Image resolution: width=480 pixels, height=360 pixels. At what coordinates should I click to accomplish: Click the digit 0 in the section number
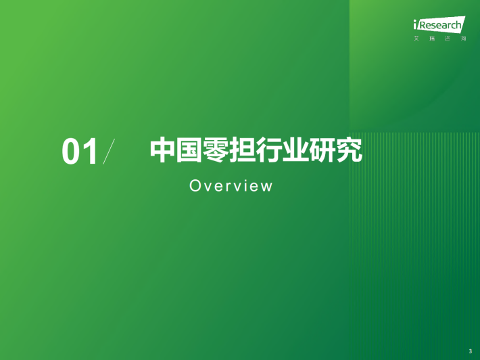(x=71, y=152)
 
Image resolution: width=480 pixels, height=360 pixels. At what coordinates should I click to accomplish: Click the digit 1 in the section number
(x=91, y=152)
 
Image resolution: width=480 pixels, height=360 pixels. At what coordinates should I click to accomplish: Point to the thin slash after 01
(x=109, y=152)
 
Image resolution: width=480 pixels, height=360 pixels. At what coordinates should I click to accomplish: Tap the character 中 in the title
(x=162, y=150)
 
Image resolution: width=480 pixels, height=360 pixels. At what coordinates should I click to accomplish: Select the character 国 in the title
(x=189, y=150)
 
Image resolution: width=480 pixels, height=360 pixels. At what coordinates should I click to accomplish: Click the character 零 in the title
(x=216, y=150)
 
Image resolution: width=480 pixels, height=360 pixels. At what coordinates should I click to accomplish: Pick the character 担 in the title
(x=243, y=150)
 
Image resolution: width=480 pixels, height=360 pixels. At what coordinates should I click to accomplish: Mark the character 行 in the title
(x=269, y=150)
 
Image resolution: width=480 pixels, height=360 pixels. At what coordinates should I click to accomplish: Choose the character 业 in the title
(x=295, y=150)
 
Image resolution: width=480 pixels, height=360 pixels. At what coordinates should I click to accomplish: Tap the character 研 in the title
(x=322, y=150)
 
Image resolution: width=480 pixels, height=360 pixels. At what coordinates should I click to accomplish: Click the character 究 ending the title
(x=349, y=150)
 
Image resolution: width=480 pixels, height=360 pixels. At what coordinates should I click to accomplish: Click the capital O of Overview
(x=195, y=185)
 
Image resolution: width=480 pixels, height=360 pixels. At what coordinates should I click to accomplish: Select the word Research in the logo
(x=440, y=25)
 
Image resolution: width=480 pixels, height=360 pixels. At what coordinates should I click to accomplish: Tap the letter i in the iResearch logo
(x=415, y=24)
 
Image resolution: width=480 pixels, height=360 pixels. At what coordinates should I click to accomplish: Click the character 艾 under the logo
(x=416, y=39)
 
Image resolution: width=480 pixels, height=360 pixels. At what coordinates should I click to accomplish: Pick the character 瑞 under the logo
(x=432, y=39)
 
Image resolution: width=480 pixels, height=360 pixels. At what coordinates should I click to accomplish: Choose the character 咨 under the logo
(x=448, y=39)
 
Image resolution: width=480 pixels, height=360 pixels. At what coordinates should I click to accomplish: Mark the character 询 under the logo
(x=464, y=39)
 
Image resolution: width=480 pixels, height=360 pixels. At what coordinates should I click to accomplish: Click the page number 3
(x=471, y=351)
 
